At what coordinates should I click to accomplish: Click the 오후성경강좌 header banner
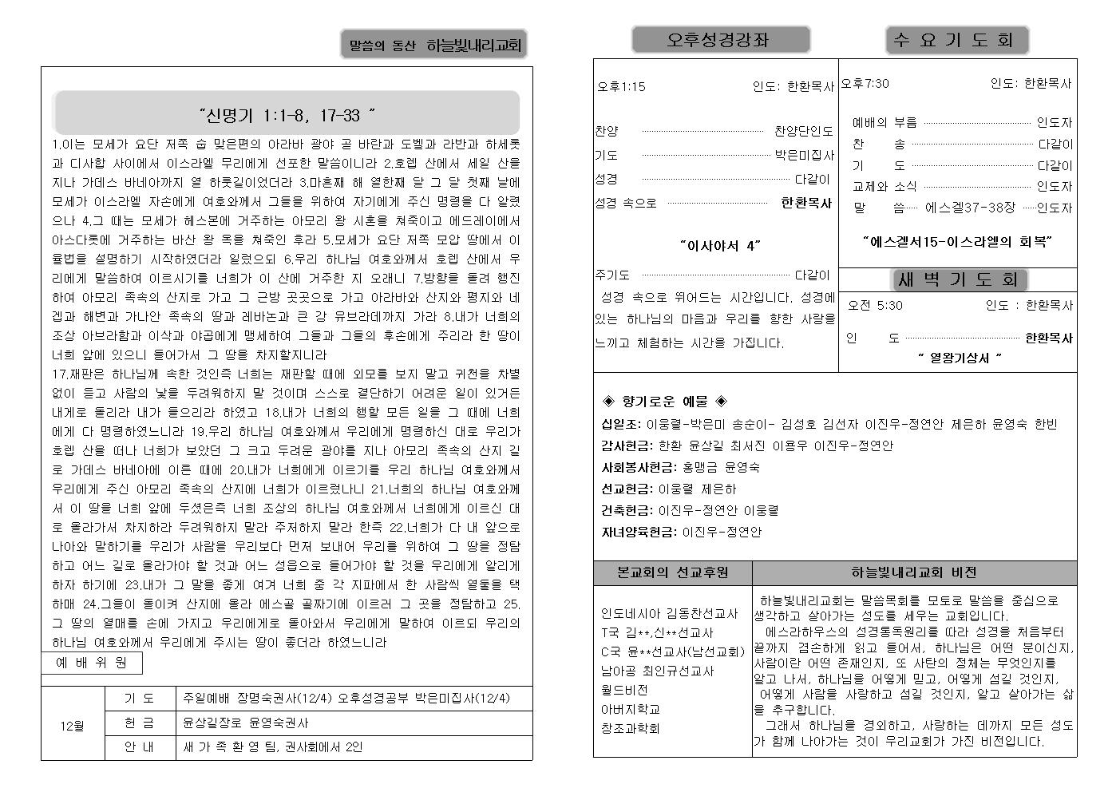(720, 40)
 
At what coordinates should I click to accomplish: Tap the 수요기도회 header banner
(956, 40)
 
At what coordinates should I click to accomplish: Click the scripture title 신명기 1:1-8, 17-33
(287, 117)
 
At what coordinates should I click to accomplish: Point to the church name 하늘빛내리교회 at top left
(473, 46)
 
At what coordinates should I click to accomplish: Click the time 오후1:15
(621, 87)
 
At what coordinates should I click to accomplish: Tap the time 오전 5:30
(875, 305)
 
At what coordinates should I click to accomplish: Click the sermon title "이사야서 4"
(719, 246)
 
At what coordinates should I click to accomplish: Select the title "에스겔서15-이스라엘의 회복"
(956, 240)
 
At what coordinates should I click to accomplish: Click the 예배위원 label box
(92, 663)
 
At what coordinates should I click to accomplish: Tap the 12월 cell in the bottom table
(73, 726)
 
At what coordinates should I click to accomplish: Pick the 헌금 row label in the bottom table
(140, 723)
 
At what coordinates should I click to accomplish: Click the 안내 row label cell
(140, 747)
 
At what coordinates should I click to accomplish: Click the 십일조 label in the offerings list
(620, 424)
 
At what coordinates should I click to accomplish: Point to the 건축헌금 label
(627, 510)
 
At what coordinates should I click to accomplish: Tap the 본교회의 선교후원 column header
(672, 572)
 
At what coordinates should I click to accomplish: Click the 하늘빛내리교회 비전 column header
(913, 572)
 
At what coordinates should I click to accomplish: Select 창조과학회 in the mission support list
(630, 728)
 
